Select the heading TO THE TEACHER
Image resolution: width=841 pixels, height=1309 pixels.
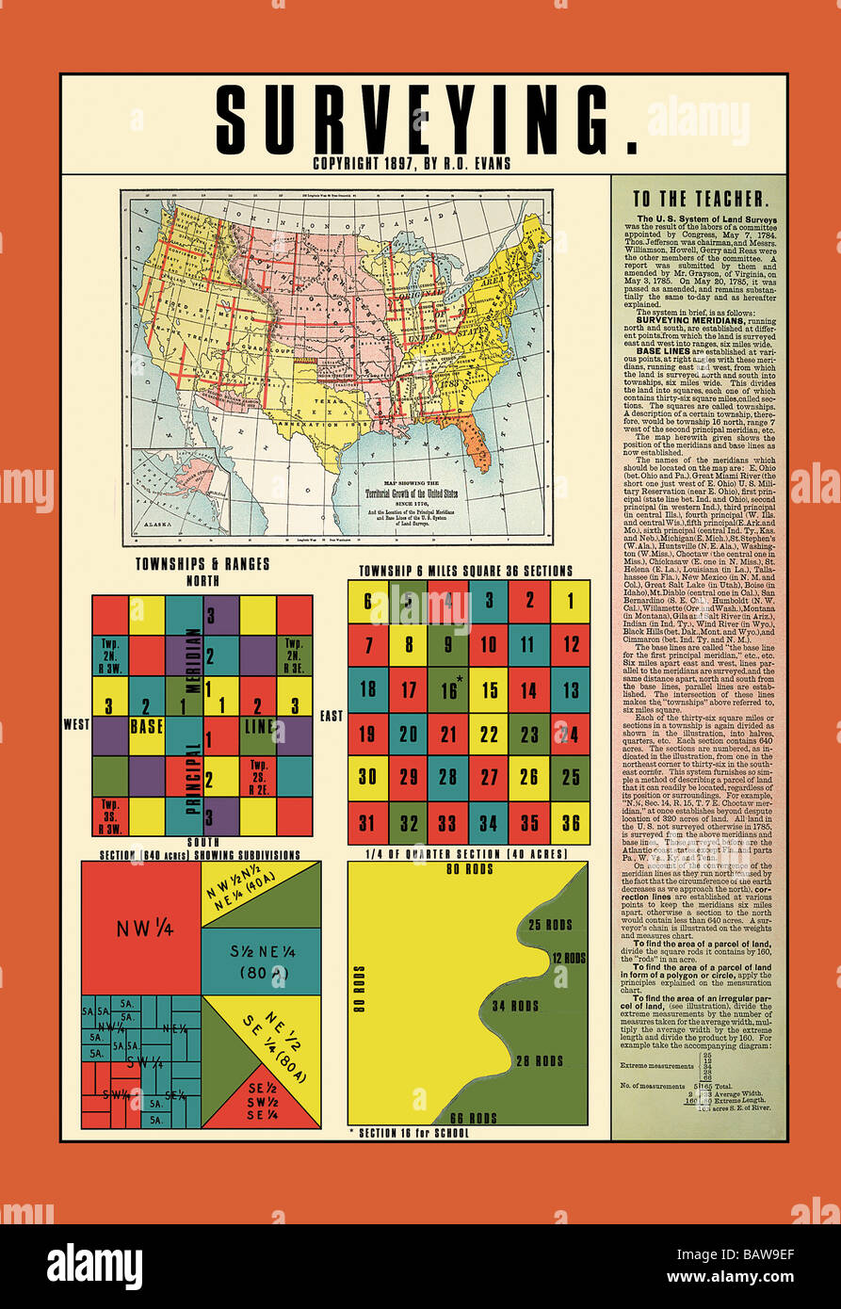point(700,200)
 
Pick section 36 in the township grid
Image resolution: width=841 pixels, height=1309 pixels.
point(569,823)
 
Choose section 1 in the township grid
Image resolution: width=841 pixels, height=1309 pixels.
point(569,601)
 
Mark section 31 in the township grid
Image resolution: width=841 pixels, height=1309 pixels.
point(367,823)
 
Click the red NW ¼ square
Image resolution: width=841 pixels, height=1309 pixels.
point(140,927)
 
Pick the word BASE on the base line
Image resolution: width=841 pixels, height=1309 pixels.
point(146,727)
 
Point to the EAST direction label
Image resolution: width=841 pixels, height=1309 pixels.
point(332,717)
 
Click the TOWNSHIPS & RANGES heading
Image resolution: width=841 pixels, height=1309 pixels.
point(202,564)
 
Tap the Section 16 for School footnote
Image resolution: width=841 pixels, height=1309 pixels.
point(408,1133)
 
